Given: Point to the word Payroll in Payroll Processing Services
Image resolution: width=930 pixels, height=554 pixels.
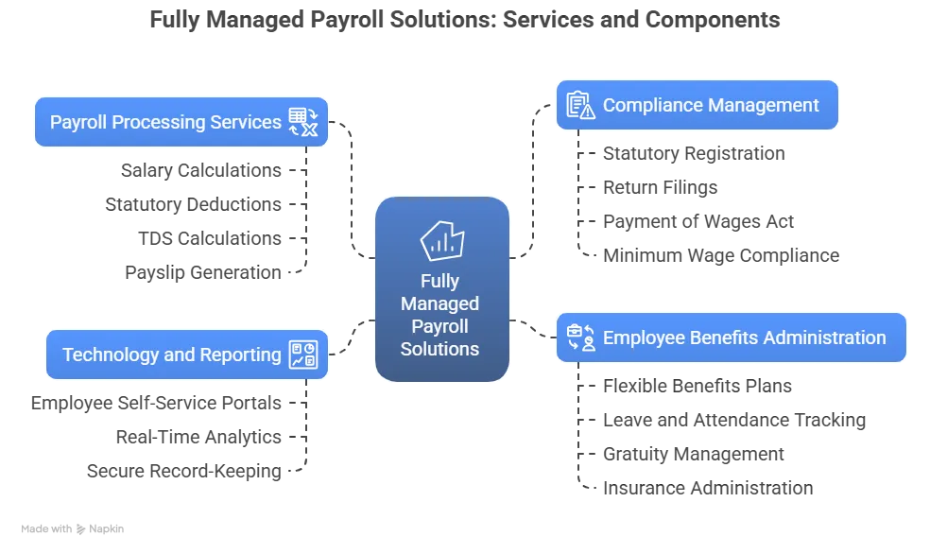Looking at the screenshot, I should pyautogui.click(x=79, y=122).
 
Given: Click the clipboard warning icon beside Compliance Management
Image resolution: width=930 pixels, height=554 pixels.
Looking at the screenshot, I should pyautogui.click(x=580, y=105).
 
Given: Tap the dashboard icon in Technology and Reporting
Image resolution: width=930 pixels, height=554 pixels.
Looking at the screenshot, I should pyautogui.click(x=303, y=355).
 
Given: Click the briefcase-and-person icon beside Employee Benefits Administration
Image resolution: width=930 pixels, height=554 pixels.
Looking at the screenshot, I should pyautogui.click(x=580, y=337).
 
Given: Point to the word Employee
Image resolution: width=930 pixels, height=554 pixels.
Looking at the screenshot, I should pyautogui.click(x=643, y=338).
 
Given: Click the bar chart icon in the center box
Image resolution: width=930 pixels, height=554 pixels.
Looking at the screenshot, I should pyautogui.click(x=441, y=240).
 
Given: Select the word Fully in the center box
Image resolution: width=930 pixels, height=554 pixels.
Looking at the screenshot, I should pyautogui.click(x=439, y=281).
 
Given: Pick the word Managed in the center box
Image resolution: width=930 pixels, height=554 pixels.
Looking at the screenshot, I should pyautogui.click(x=439, y=303).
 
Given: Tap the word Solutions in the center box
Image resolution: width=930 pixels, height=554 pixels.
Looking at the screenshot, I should pyautogui.click(x=439, y=349).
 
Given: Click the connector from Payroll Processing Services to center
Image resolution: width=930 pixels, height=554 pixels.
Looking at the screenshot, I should pyautogui.click(x=353, y=189).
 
